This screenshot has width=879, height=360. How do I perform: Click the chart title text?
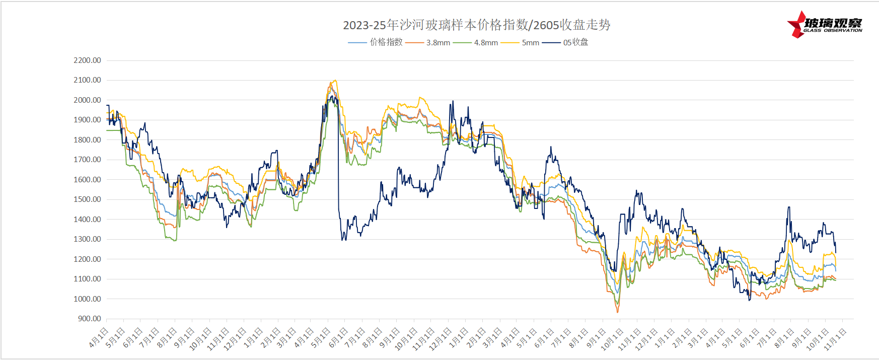tap(476, 25)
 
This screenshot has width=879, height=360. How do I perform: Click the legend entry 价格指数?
tap(386, 42)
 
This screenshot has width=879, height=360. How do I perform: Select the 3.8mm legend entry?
tap(438, 43)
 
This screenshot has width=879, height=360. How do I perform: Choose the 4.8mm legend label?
tap(486, 43)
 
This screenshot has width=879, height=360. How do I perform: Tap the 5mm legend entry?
tap(530, 43)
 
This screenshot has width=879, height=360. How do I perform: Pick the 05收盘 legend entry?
tap(575, 42)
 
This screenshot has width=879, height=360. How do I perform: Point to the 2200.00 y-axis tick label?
tap(87, 60)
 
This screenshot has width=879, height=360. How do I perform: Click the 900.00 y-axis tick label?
tap(89, 319)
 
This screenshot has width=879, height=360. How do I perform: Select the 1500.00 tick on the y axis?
tap(87, 199)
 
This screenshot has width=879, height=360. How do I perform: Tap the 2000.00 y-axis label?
tap(87, 100)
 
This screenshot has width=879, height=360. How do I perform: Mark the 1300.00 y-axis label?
tap(87, 239)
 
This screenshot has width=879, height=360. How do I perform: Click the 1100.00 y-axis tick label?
tap(87, 279)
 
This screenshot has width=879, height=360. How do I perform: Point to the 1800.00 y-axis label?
tap(87, 140)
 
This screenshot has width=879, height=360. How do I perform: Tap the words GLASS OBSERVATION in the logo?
tap(832, 31)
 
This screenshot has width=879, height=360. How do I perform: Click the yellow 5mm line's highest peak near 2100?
tap(334, 81)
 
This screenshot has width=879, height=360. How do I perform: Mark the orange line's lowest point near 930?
tap(618, 312)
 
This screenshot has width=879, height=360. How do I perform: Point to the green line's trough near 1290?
tap(174, 241)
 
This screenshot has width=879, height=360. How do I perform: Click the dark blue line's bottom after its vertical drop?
tap(343, 240)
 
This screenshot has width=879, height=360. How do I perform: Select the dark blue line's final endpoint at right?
tap(836, 252)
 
